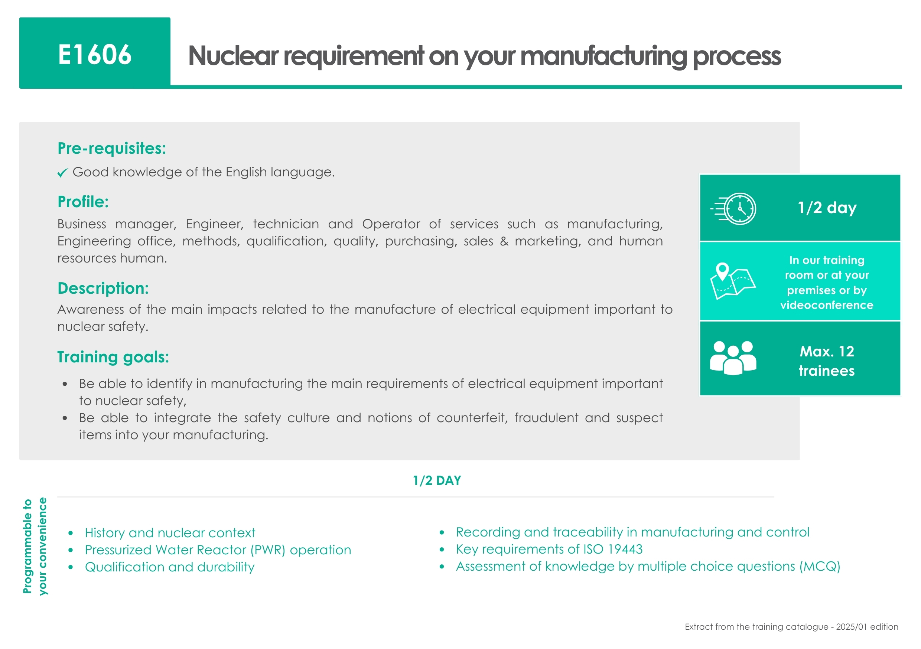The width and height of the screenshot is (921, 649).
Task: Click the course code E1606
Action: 95,55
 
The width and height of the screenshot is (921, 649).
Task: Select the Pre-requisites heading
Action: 111,149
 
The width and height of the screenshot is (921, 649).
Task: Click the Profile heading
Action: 83,202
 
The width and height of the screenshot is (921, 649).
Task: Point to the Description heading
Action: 103,288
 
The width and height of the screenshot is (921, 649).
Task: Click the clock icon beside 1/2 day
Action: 734,209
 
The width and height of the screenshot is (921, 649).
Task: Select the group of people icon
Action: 733,358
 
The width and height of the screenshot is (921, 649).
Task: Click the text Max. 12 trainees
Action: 827,361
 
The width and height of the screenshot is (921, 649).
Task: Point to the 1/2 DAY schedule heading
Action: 437,480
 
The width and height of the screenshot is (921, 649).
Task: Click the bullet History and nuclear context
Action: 170,533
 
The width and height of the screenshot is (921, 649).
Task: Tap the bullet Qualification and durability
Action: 170,567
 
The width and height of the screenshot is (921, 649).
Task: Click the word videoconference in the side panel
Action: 827,305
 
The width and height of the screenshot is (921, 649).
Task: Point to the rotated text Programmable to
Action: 27,546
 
